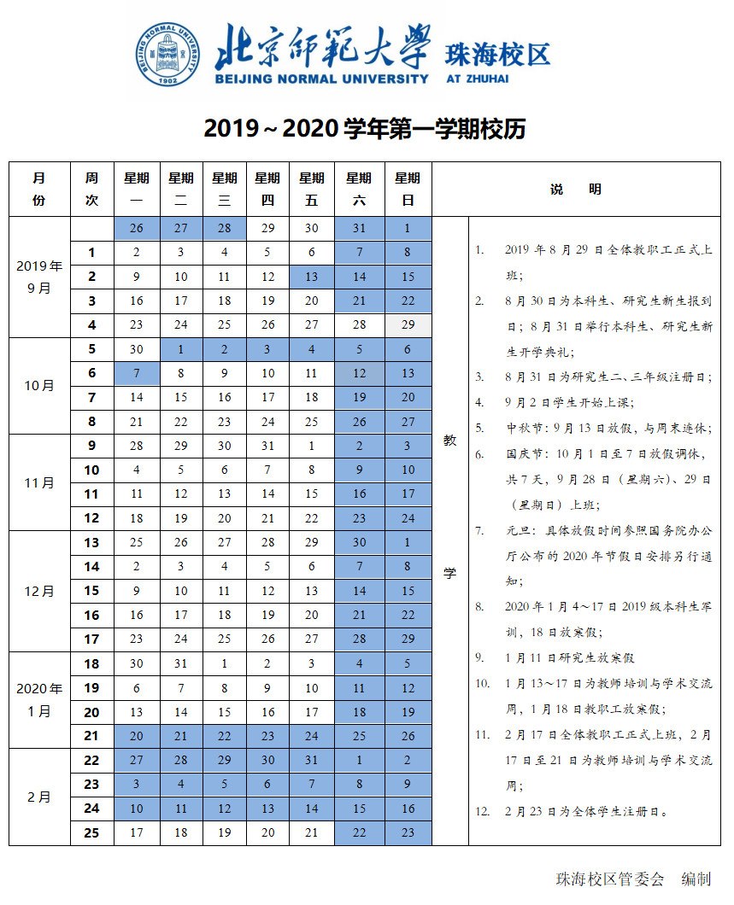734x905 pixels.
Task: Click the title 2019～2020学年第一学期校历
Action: (364, 129)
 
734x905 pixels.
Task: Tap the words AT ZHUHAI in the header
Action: (477, 79)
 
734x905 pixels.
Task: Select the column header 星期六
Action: (359, 189)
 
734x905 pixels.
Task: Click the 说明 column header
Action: (576, 189)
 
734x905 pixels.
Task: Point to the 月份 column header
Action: (39, 189)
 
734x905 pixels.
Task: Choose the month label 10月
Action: (39, 385)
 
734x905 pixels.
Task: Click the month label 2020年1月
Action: (39, 699)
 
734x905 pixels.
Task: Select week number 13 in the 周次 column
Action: (91, 542)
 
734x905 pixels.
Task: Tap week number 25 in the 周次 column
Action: (91, 832)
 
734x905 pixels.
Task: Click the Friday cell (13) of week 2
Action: (312, 277)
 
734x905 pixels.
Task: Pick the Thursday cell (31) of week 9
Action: (267, 446)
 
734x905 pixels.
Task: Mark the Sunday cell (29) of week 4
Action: (408, 324)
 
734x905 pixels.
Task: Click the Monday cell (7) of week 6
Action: (136, 373)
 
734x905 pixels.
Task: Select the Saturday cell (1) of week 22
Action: (359, 760)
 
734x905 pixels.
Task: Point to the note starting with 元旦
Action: (594, 555)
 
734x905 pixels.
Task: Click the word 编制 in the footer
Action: (696, 879)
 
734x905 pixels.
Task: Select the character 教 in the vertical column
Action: (449, 441)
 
